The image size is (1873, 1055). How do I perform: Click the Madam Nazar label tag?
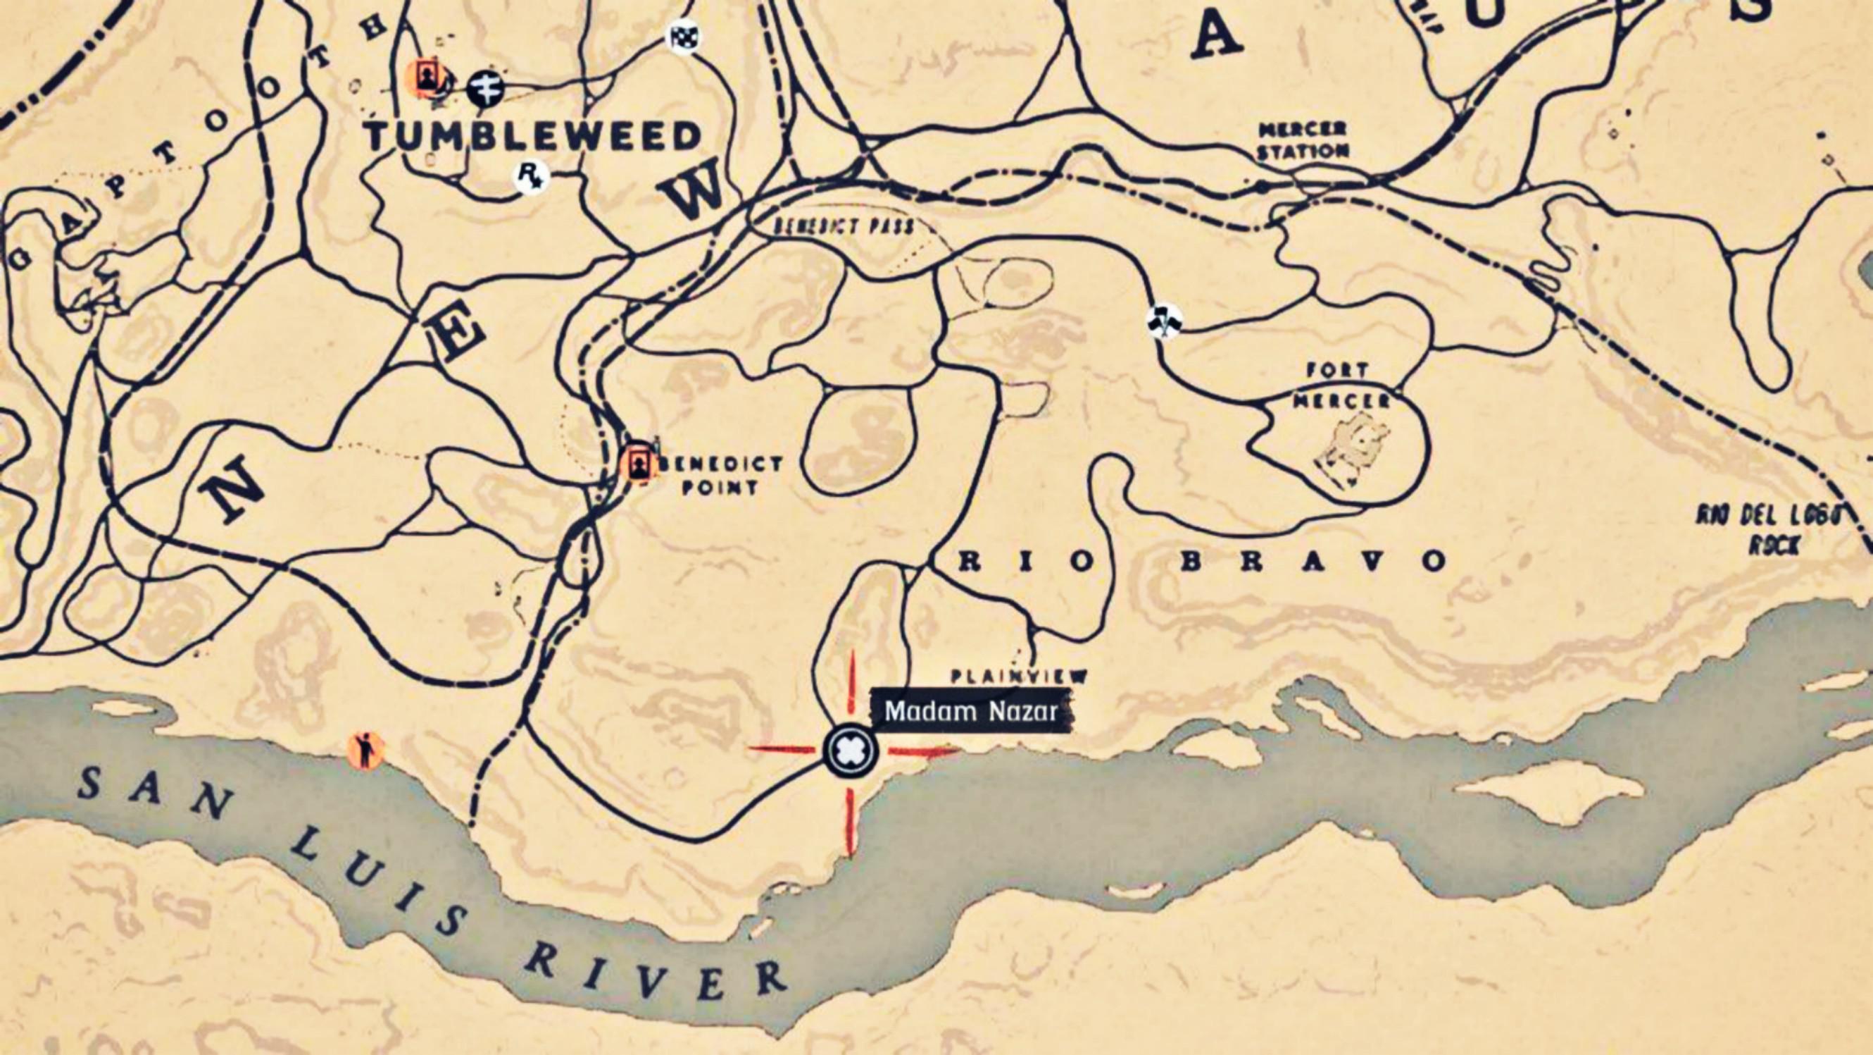point(971,711)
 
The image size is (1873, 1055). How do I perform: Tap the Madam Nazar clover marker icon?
point(850,750)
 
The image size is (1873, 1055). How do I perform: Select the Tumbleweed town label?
point(533,136)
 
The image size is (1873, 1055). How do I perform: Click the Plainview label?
point(1019,676)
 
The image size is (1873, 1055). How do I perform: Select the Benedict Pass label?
point(844,226)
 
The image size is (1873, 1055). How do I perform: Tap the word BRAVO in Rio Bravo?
point(1313,561)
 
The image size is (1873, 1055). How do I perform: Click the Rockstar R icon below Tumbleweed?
point(531,177)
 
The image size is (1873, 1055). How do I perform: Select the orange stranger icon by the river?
point(365,751)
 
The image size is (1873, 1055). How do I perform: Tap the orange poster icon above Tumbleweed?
point(425,77)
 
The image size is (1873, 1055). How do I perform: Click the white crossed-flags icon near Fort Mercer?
point(1164,321)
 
